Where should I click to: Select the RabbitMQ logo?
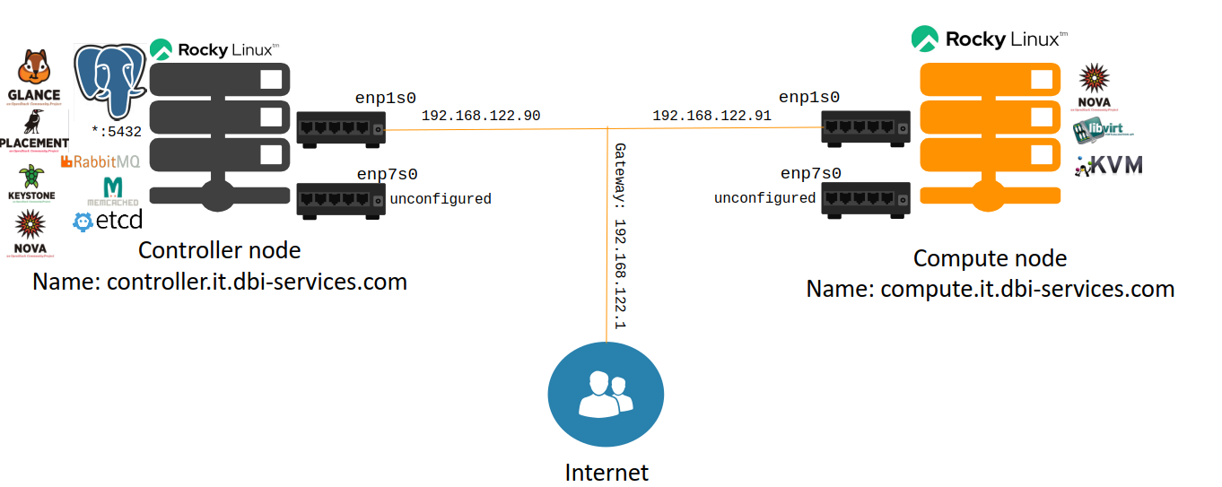pyautogui.click(x=100, y=161)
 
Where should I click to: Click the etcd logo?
pyautogui.click(x=108, y=220)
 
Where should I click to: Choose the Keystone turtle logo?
pyautogui.click(x=33, y=182)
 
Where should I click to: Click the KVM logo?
pyautogui.click(x=1110, y=165)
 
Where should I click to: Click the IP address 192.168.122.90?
pyautogui.click(x=480, y=116)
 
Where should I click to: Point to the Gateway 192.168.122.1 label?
pyautogui.click(x=618, y=235)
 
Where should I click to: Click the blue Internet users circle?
pyautogui.click(x=606, y=396)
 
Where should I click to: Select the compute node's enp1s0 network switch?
pyautogui.click(x=865, y=126)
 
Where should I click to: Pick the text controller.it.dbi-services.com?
pyautogui.click(x=220, y=282)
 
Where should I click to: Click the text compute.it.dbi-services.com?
pyautogui.click(x=990, y=289)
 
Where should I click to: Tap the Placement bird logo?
pyautogui.click(x=34, y=130)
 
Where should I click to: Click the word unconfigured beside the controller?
pyautogui.click(x=441, y=199)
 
